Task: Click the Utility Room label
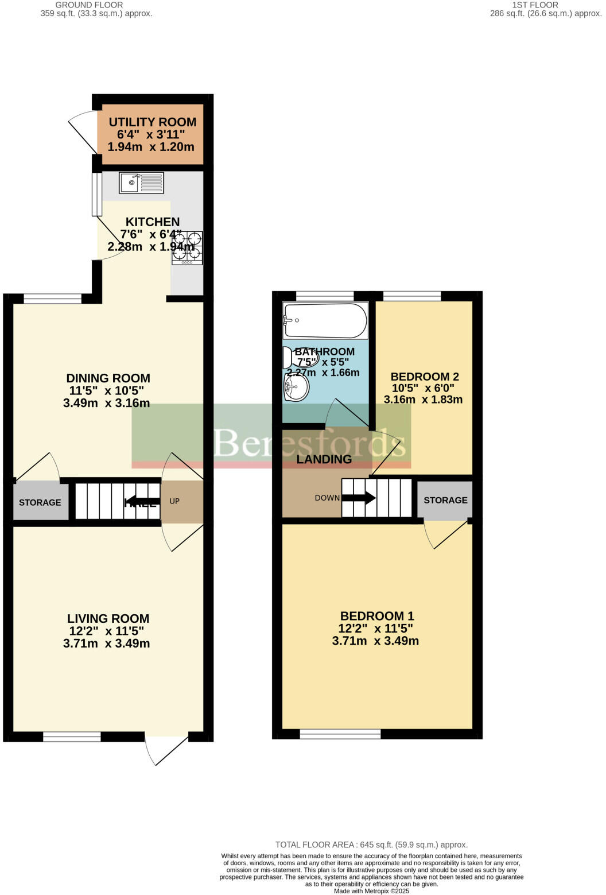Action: tap(152, 122)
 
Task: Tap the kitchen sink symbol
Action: tap(141, 183)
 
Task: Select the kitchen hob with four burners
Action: tap(187, 248)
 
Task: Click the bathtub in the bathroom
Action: tap(325, 320)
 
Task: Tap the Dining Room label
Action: tap(108, 378)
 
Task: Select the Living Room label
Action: tap(108, 619)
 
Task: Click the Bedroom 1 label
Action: tap(376, 616)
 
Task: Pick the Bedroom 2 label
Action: tap(424, 377)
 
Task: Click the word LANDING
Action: tap(324, 459)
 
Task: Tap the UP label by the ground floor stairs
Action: tap(174, 501)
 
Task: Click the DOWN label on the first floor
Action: tap(327, 498)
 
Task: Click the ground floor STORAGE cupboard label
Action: tap(40, 503)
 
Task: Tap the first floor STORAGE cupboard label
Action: tap(445, 500)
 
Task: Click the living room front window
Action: tap(72, 737)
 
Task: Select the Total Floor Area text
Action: tap(371, 844)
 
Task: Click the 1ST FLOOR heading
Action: tap(535, 5)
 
